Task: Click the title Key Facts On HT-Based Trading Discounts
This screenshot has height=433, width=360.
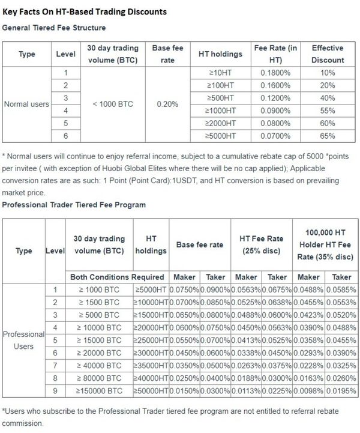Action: coord(85,11)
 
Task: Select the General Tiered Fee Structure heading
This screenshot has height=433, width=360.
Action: coord(55,28)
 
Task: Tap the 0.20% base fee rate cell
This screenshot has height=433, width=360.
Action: coord(167,104)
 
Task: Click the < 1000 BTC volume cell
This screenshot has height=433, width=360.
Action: coord(113,104)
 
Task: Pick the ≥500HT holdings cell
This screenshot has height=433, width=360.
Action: coord(220,97)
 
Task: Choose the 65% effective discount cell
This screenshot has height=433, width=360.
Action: coord(328,135)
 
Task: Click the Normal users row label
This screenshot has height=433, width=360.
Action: coord(26,104)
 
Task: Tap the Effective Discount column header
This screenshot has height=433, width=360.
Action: coord(328,55)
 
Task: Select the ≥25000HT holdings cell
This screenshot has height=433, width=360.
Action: coord(151,339)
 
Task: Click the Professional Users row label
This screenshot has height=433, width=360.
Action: coord(24,340)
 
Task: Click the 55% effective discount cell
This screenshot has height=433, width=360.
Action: coord(328,110)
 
